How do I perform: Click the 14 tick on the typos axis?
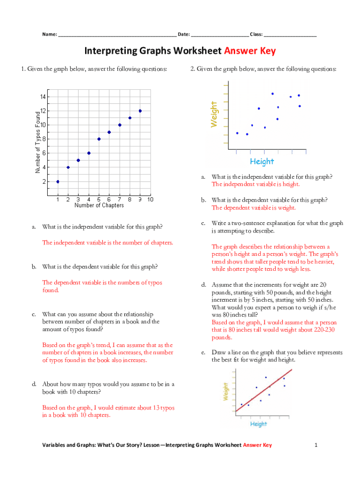tap(43, 97)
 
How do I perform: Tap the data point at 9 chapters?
tap(140, 111)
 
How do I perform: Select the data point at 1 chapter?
tap(58, 181)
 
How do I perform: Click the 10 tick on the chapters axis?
tap(150, 200)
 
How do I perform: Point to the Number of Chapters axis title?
tap(99, 205)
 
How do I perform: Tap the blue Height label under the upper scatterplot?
tap(262, 161)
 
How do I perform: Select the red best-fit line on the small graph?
tap(264, 390)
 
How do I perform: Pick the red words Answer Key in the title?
tap(250, 51)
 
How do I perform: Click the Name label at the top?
tap(50, 34)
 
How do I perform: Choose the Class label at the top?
tap(256, 34)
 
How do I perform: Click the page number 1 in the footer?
tap(316, 445)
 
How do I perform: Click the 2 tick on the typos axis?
tap(43, 181)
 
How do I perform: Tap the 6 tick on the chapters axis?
tap(109, 200)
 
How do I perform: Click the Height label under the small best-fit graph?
tap(259, 424)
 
